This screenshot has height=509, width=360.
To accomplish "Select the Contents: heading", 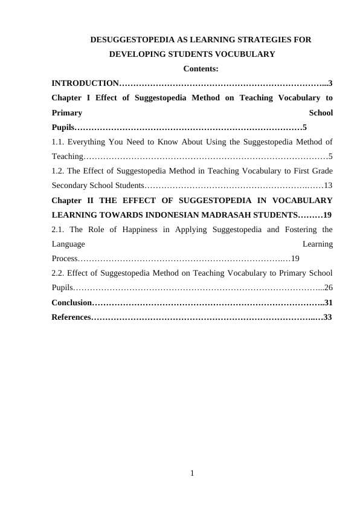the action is pos(201,69).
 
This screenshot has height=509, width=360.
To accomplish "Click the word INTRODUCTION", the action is pos(85,83).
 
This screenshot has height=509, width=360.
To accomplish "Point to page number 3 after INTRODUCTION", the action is pos(330,83).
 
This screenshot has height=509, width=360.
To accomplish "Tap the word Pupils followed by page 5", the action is pos(63,128).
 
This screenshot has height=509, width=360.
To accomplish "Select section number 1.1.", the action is pos(58,143).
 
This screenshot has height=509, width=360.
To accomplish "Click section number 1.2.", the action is pos(58,170).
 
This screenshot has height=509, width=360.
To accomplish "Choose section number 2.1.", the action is pos(58,230).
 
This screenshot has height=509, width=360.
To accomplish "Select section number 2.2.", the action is pos(58,273).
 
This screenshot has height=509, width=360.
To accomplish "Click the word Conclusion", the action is pos(71,302).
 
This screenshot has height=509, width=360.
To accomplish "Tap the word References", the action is pos(70,317).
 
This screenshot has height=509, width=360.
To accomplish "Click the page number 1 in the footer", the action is pos(192,473).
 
